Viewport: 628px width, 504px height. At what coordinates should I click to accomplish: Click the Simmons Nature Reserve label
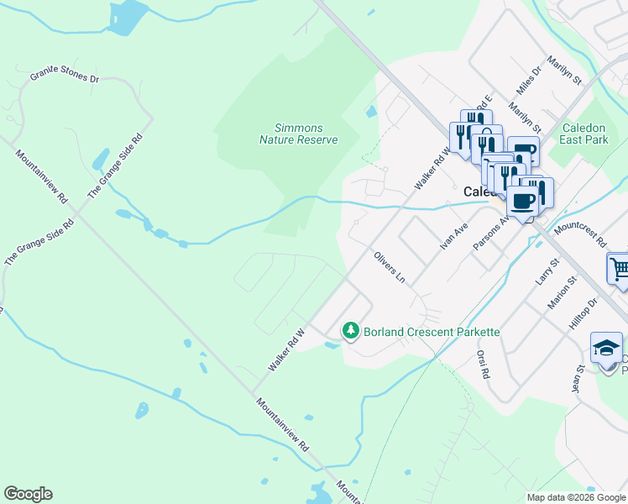[x=299, y=134]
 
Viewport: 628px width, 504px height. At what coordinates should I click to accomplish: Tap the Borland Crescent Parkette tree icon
[x=351, y=331]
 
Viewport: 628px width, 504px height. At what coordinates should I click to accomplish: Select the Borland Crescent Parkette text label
[x=432, y=332]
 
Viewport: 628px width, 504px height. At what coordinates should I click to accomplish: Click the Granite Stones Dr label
[x=65, y=76]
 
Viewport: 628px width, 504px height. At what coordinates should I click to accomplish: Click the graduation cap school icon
[x=606, y=347]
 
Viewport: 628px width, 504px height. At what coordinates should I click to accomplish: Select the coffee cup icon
[x=522, y=202]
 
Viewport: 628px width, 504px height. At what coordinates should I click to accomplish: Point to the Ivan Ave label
[x=453, y=236]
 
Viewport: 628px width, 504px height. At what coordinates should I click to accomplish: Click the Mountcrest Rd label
[x=580, y=234]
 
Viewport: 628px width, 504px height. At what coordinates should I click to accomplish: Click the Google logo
[x=28, y=494]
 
